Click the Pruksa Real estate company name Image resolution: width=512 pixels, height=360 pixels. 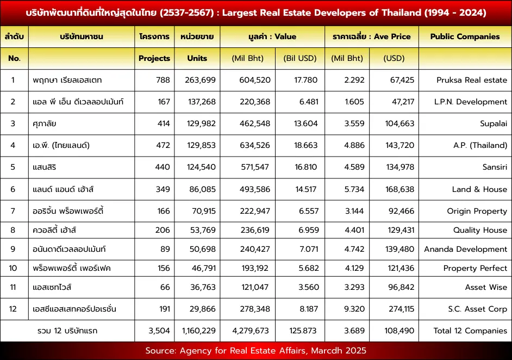472,80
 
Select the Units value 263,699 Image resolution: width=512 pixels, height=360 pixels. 200,80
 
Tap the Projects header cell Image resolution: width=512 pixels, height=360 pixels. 154,58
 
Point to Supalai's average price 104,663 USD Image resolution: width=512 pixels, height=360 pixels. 399,123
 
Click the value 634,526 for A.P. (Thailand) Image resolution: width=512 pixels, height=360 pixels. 255,145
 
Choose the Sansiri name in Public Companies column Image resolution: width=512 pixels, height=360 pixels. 495,167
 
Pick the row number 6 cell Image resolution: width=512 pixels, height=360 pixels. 13,189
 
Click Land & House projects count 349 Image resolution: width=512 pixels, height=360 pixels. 163,189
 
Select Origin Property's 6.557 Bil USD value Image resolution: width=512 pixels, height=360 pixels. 309,211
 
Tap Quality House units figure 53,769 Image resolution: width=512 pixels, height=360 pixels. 203,230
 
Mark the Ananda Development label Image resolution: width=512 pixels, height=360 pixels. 465,249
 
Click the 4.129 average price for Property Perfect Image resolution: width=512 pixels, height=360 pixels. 354,268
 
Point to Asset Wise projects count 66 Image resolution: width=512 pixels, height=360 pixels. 165,287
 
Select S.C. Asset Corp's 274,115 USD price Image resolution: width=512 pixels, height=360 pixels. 401,309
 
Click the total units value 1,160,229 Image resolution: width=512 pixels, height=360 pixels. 199,331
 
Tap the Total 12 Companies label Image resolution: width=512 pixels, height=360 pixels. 470,331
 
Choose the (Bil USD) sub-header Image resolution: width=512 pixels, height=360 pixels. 300,58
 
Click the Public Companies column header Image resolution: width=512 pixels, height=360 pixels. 465,36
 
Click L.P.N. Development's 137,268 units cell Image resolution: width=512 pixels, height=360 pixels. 202,102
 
